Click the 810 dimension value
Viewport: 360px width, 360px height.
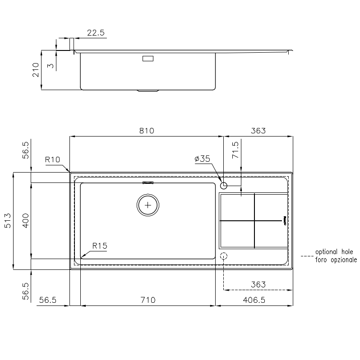tap(147, 131)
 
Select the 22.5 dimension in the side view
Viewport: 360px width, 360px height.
tap(96, 32)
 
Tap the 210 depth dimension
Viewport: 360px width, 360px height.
tap(36, 70)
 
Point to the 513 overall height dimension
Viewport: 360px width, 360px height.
tap(8, 221)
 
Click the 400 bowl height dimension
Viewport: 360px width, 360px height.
tap(25, 221)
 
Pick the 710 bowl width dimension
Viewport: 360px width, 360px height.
tap(148, 300)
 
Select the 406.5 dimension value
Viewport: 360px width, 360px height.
tap(254, 300)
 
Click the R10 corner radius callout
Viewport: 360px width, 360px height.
tap(52, 159)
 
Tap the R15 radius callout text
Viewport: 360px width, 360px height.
tap(100, 246)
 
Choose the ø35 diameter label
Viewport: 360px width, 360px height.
tap(202, 159)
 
